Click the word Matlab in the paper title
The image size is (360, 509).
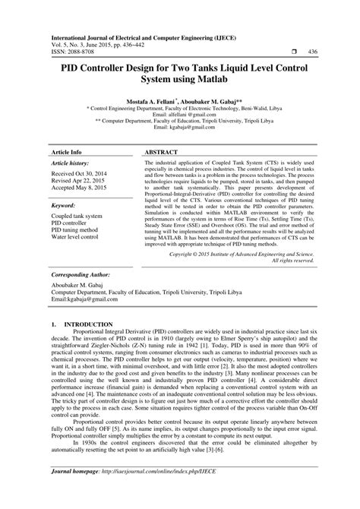226,79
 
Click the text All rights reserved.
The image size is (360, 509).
287,261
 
